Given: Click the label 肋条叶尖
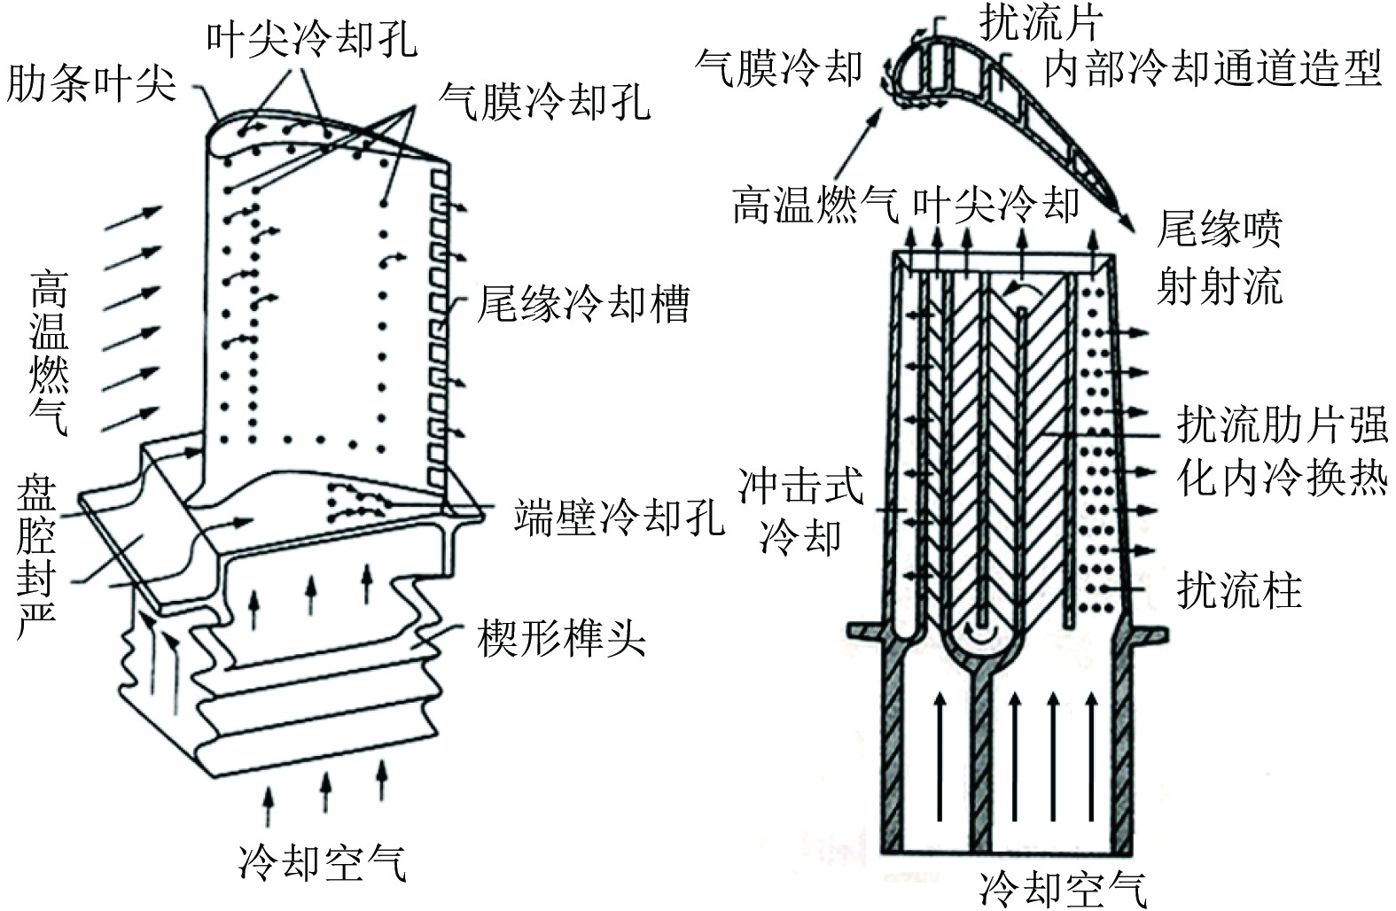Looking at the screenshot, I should coord(91,86).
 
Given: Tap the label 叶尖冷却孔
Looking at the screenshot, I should coord(311,38).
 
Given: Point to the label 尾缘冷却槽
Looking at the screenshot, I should coord(583,304).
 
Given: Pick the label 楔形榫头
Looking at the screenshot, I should coord(561,635).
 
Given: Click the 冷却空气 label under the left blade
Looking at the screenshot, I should coord(323,861).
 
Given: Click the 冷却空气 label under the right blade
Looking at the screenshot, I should coord(1063,887).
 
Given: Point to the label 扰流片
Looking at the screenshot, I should coord(1041,21).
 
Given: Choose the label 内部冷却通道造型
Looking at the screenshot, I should coord(1213,68).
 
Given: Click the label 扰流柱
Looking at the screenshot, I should coord(1239,589).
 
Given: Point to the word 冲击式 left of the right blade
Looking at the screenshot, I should coord(800,487).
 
